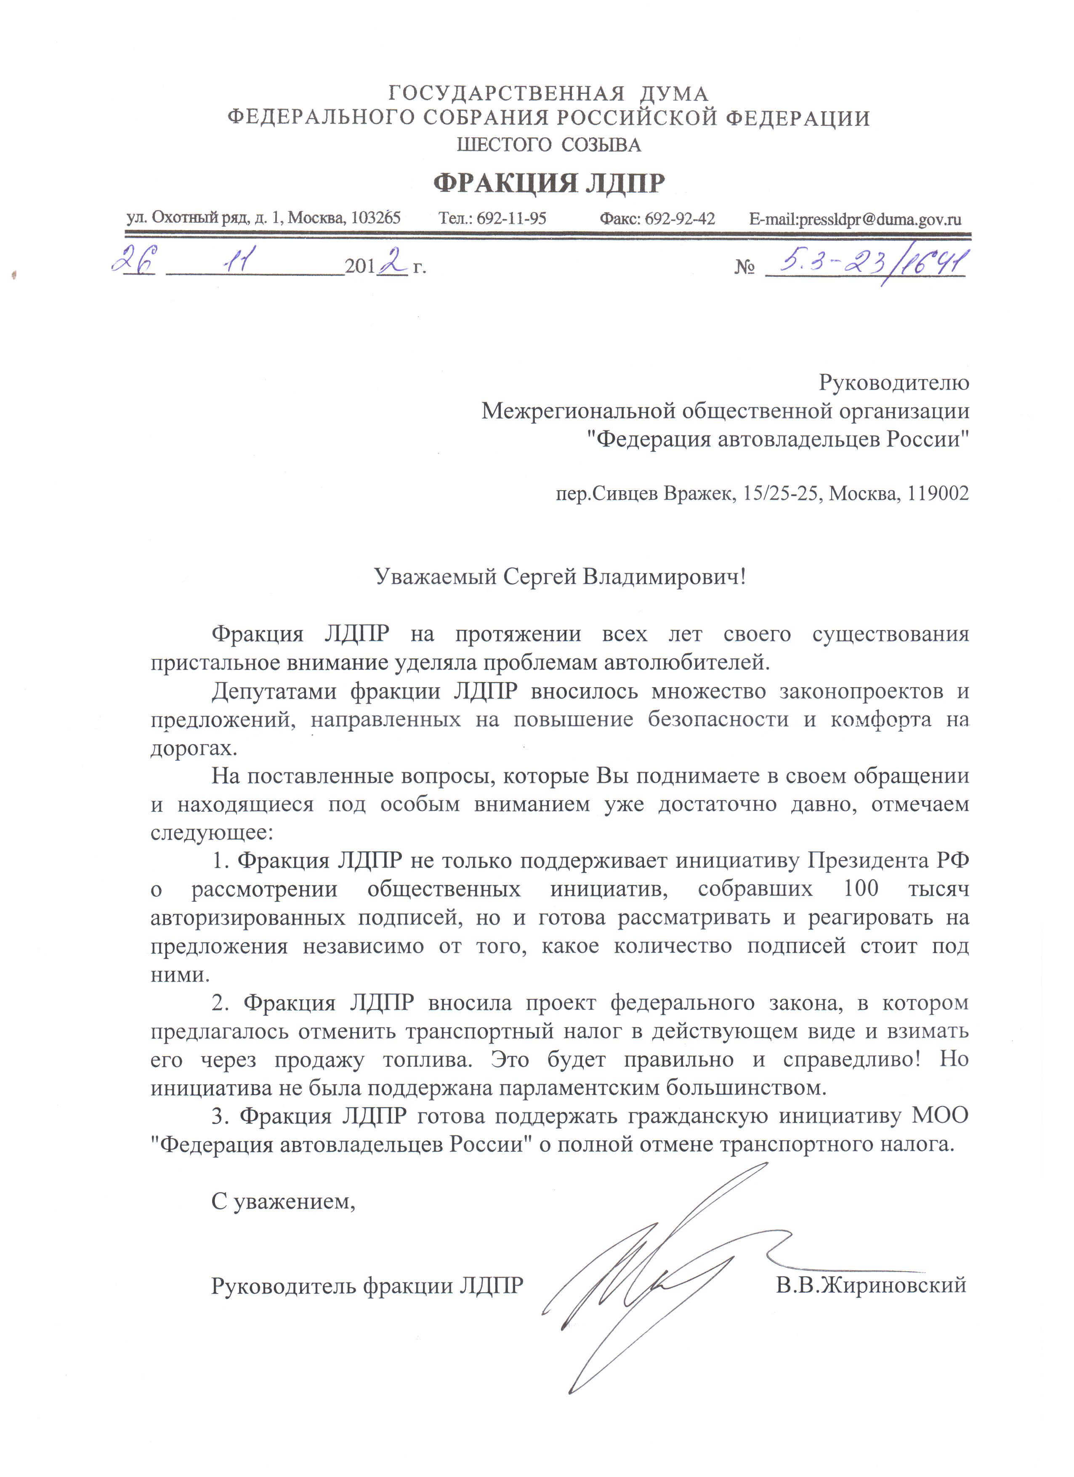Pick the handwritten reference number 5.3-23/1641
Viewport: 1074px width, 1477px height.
point(866,263)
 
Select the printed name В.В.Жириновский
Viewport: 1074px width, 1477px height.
point(871,1286)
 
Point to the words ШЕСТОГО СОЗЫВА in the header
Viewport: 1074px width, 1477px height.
point(548,145)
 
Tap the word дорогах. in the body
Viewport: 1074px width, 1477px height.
point(194,748)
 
